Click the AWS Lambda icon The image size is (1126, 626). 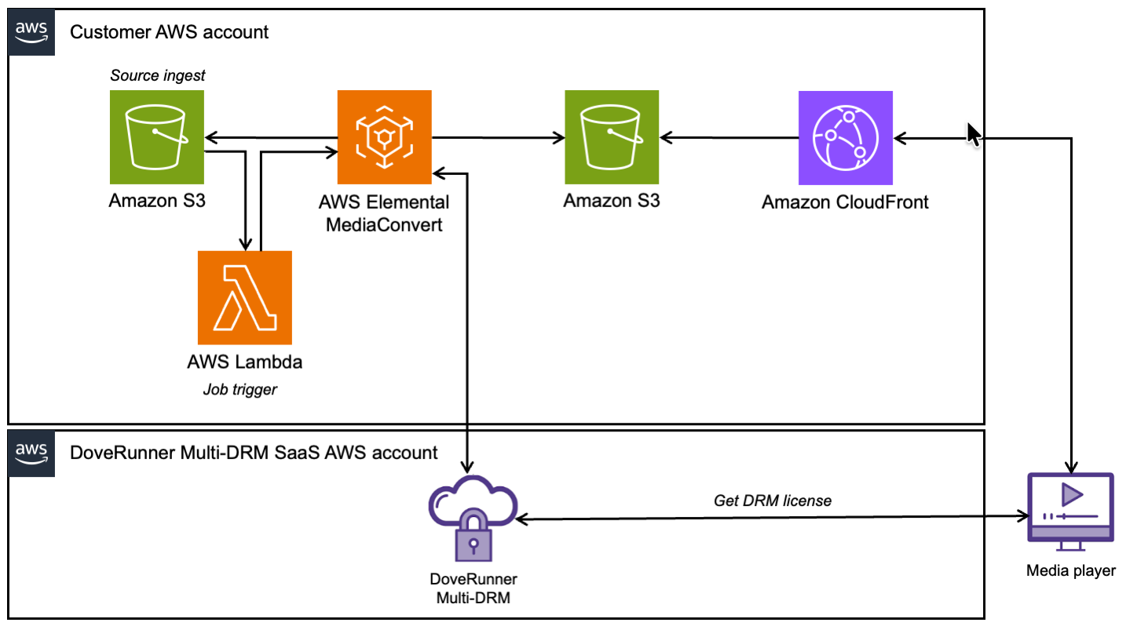point(245,298)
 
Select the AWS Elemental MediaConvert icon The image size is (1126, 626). point(385,137)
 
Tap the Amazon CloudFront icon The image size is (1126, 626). point(846,137)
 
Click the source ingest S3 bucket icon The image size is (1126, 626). point(157,137)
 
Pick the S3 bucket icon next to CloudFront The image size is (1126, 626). point(612,137)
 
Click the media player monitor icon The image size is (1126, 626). point(1070,510)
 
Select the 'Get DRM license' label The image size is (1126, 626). point(772,500)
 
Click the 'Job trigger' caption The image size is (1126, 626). point(239,389)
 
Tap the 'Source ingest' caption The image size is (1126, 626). point(158,76)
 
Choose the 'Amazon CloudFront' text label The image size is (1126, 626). point(845,202)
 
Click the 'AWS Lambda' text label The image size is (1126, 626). point(245,362)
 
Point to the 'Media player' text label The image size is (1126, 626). point(1070,571)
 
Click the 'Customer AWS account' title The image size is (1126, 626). point(169,32)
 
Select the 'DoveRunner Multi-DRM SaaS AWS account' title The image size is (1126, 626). point(254,452)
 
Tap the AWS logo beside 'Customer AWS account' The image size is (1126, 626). point(31,32)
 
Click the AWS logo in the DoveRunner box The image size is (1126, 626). point(31,452)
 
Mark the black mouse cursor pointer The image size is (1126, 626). point(973,134)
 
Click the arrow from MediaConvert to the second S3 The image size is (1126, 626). point(498,138)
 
